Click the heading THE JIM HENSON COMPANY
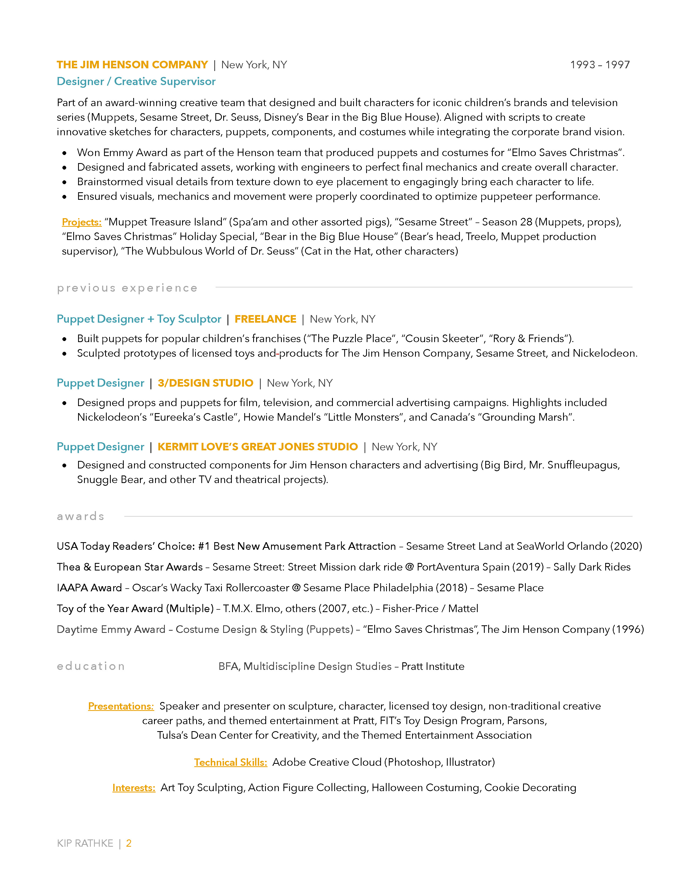pos(132,65)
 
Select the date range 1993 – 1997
pos(600,65)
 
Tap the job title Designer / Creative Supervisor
pos(136,82)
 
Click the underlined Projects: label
pos(82,222)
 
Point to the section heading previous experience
pos(127,288)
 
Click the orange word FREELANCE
pos(265,319)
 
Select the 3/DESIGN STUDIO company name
pos(205,383)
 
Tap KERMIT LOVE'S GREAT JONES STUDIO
pos(257,447)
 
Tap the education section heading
pos(91,666)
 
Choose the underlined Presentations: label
pos(121,706)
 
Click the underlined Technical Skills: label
pos(231,762)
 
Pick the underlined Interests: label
pos(134,788)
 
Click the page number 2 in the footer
pos(129,843)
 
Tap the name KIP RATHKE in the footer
pos(85,843)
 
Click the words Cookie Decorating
pos(530,788)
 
